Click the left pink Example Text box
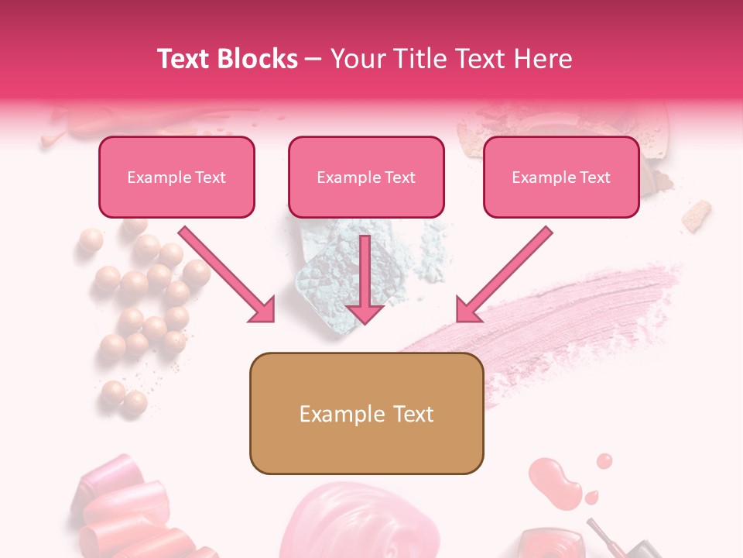(x=176, y=177)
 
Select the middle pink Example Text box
(x=366, y=177)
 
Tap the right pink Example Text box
(x=561, y=177)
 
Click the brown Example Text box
(x=366, y=413)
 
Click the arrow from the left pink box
(x=228, y=275)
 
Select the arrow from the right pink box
(x=504, y=275)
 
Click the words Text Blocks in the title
(x=228, y=59)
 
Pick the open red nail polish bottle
(x=546, y=542)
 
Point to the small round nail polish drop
(x=604, y=461)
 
